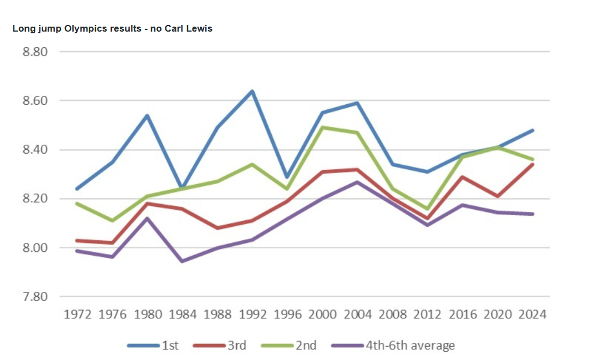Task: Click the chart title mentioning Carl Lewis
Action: (x=112, y=28)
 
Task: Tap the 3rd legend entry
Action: (x=220, y=346)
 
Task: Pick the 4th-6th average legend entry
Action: (x=393, y=346)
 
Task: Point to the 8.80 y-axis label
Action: (x=35, y=52)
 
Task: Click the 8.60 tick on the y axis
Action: (x=35, y=101)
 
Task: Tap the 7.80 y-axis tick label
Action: (x=35, y=296)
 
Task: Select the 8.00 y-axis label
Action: (x=35, y=247)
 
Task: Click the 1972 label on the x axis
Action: (x=78, y=315)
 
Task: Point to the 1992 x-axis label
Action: (x=252, y=315)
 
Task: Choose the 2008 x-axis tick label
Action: (x=392, y=315)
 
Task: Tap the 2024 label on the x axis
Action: (x=532, y=315)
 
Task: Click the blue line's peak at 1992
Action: (x=252, y=91)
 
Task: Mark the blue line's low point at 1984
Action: (x=182, y=189)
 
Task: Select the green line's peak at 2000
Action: (x=322, y=128)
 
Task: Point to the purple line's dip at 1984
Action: (x=182, y=261)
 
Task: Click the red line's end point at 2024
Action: (x=532, y=164)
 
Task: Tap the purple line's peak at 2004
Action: (x=357, y=181)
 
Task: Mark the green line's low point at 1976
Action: (x=113, y=221)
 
